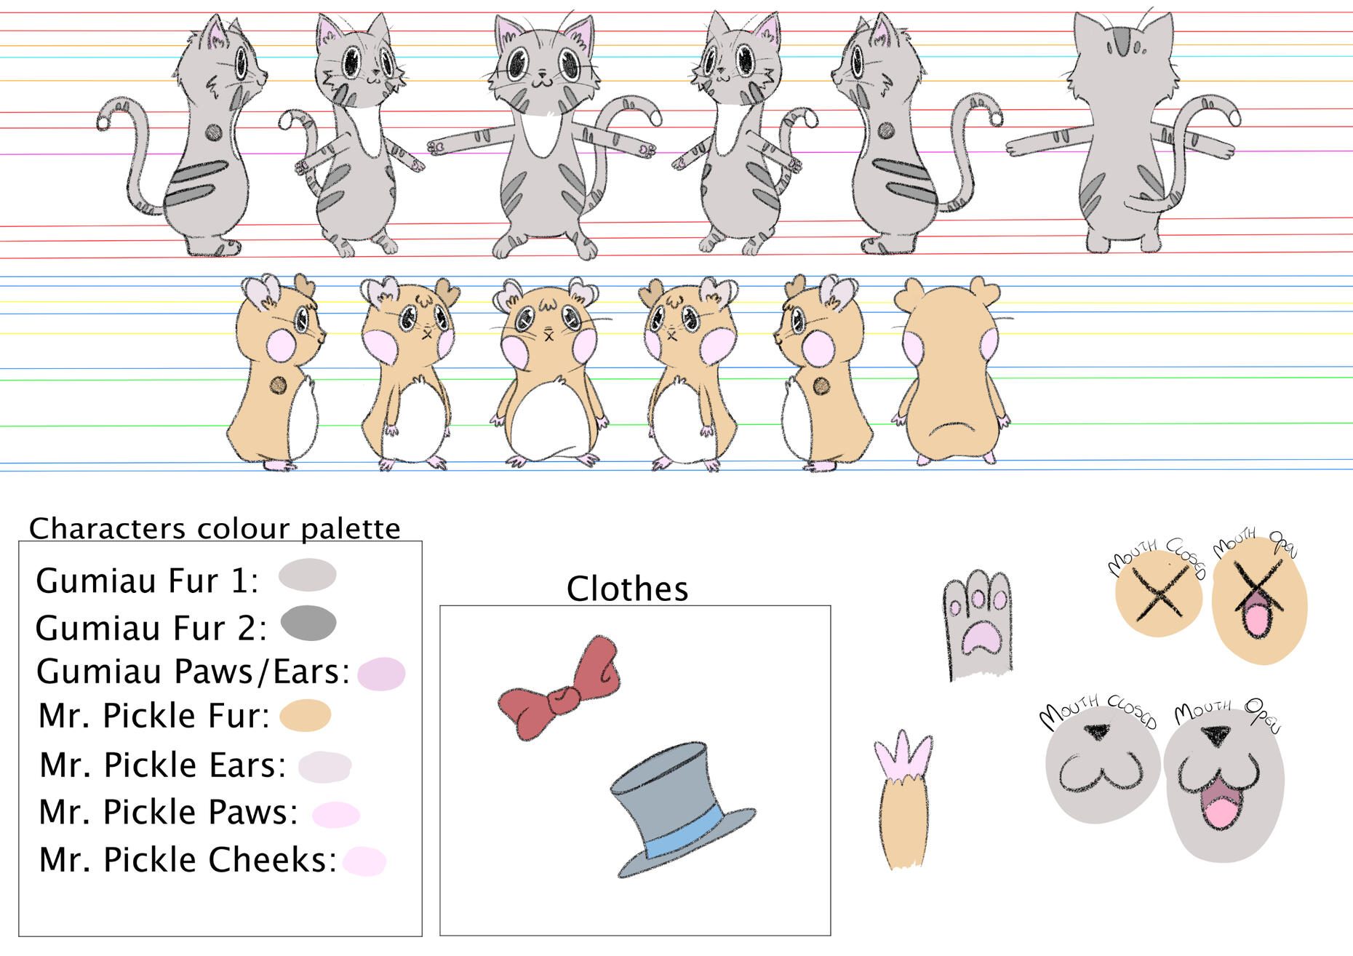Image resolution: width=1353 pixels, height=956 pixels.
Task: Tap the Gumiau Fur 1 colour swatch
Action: click(308, 575)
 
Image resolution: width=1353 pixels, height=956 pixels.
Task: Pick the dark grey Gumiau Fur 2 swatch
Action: click(308, 624)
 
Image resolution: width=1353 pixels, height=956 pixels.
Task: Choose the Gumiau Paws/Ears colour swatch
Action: click(381, 674)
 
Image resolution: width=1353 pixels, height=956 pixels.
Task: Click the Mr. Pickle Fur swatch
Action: click(306, 715)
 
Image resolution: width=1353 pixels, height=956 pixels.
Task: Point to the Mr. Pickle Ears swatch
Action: click(325, 767)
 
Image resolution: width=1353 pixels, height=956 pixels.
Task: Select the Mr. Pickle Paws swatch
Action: click(336, 814)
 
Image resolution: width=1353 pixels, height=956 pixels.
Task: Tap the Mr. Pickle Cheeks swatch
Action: click(364, 861)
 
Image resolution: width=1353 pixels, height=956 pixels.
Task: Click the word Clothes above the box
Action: click(627, 589)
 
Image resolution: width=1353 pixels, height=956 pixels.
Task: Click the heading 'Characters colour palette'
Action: click(215, 528)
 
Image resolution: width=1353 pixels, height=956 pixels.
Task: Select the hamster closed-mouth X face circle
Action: click(1159, 594)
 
